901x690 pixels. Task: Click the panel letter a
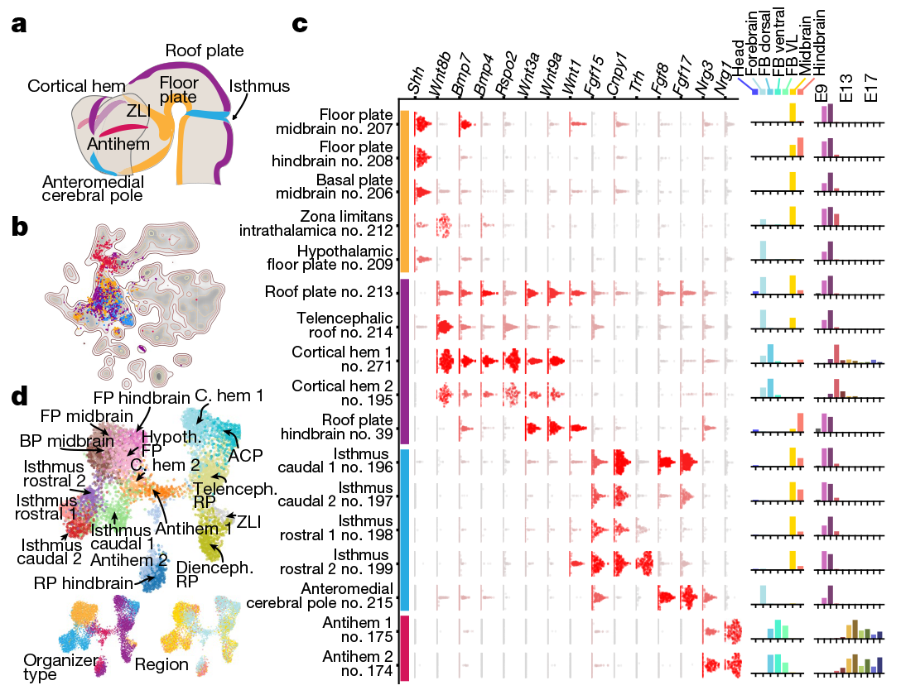point(19,24)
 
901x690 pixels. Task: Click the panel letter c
point(301,24)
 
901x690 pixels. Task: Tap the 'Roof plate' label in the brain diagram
point(205,50)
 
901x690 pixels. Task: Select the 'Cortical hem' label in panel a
point(76,86)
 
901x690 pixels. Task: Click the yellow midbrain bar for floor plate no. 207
point(793,112)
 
